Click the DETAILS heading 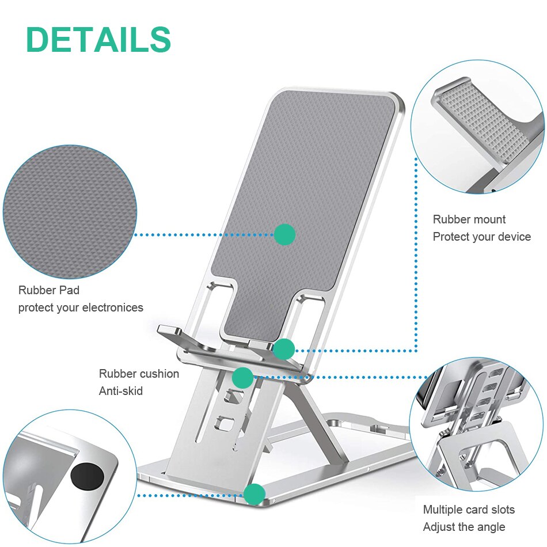(98, 40)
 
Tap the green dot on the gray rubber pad (284, 234)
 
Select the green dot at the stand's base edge (254, 494)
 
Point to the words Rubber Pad (49, 290)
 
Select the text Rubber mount (469, 219)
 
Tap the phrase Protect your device (482, 237)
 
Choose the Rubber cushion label (139, 374)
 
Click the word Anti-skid (121, 391)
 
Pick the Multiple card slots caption (469, 510)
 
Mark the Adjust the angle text (464, 527)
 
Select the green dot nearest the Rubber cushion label (243, 378)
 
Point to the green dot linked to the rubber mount (284, 349)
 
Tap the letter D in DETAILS (38, 40)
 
